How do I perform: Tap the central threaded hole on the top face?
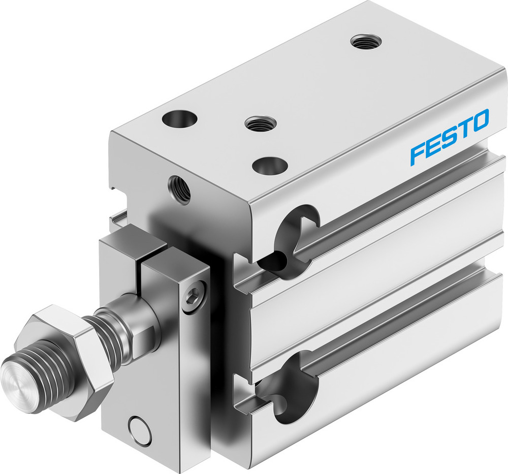click(x=260, y=123)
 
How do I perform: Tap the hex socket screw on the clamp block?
click(x=195, y=294)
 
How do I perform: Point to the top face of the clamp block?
click(x=133, y=245)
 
